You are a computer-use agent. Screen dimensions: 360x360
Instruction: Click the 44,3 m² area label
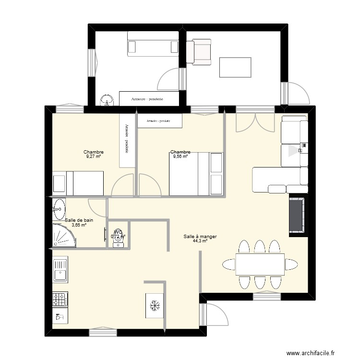pos(200,241)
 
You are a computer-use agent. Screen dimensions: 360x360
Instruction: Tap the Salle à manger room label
pos(200,236)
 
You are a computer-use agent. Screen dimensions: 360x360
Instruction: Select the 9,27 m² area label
pos(94,156)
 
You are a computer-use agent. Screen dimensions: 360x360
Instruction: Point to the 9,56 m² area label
pos(180,156)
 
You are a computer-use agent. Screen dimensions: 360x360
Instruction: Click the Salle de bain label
pos(79,220)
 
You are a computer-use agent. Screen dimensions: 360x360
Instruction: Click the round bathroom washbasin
pos(60,208)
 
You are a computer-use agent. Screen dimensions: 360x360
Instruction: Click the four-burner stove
pos(60,300)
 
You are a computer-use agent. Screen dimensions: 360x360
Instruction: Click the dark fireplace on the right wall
pos(297,215)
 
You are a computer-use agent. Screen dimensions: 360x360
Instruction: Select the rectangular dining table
pos(260,264)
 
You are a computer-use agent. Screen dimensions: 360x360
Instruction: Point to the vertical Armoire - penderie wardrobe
pos(127,140)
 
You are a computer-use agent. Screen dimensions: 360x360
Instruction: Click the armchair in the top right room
pos(199,52)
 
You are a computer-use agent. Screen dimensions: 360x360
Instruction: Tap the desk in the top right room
pos(235,67)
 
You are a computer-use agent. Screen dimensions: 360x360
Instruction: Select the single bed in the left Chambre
pos(78,183)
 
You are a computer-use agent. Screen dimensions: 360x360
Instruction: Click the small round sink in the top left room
pos(107,100)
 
